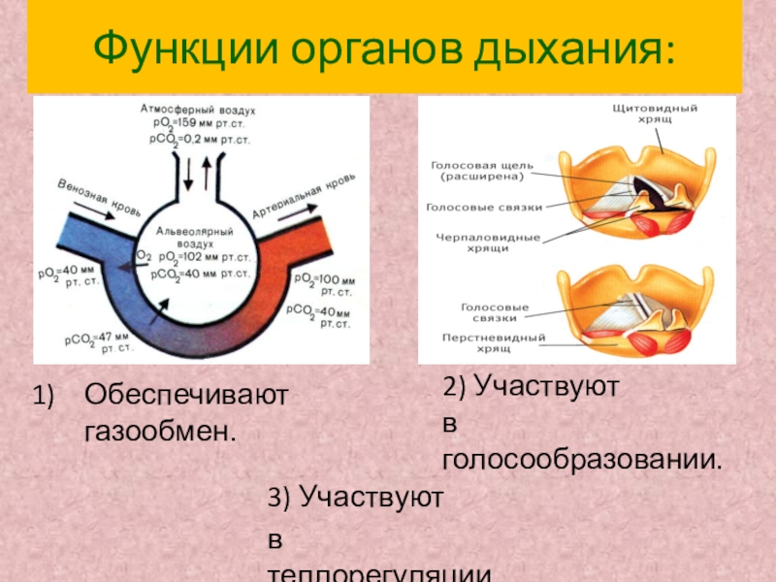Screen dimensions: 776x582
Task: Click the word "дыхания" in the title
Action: coord(571,47)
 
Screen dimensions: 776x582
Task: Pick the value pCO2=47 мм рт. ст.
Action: coord(98,339)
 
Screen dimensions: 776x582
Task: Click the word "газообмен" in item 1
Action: coord(159,428)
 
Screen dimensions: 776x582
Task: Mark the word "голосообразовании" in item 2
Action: coord(581,458)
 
